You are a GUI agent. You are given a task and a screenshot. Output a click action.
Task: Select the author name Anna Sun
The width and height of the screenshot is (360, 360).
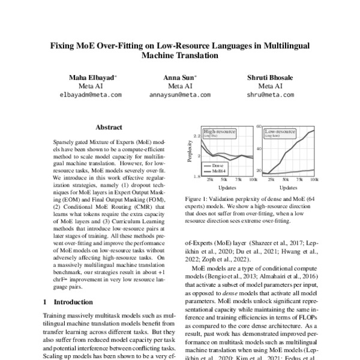(x=179, y=77)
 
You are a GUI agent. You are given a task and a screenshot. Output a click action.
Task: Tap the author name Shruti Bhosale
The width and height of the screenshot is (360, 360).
(x=268, y=77)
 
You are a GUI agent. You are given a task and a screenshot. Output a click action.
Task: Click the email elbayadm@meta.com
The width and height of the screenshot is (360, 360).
(x=91, y=95)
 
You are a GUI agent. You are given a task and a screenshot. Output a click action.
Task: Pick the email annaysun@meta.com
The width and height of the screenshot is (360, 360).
(x=180, y=95)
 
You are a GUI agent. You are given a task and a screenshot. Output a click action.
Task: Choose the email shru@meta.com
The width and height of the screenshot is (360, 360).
(x=268, y=95)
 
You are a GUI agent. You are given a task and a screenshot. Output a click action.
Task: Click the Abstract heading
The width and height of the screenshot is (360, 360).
(x=109, y=128)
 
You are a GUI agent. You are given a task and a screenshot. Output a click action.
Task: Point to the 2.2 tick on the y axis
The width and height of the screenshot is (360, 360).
(x=197, y=136)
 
